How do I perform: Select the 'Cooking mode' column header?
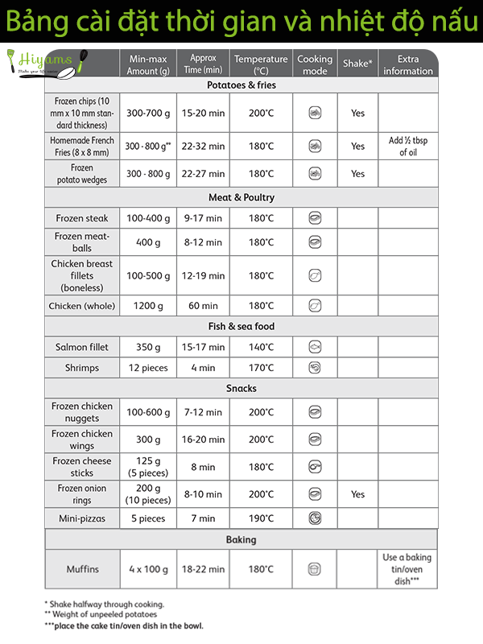coord(315,64)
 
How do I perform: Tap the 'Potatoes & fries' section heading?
coord(241,85)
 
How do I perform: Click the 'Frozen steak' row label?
coord(82,218)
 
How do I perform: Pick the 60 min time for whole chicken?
coord(203,306)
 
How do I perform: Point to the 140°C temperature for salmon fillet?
coord(261,347)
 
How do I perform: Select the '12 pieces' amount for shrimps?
coord(148,368)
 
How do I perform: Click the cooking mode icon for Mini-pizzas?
coord(315,518)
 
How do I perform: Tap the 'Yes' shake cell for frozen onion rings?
coord(357,494)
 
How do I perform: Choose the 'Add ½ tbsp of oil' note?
coord(408,147)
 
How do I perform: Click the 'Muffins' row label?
coord(82,569)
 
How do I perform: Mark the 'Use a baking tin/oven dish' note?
coord(407,568)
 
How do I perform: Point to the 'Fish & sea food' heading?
coord(241,326)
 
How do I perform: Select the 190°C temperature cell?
coord(261,518)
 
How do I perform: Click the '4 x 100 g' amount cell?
coord(148,569)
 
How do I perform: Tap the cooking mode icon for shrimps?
coord(315,368)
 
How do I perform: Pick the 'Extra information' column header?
coord(408,64)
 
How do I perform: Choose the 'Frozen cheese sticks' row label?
coord(82,467)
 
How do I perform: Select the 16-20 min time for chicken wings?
coord(203,440)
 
